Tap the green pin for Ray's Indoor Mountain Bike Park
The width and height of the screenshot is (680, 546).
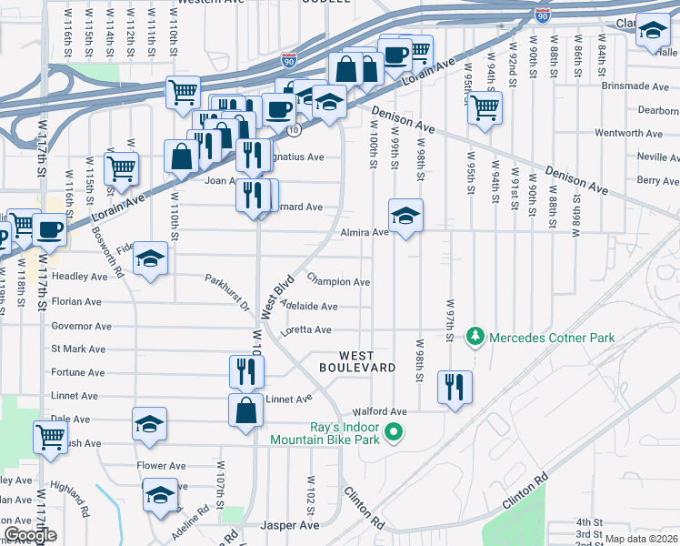click(394, 432)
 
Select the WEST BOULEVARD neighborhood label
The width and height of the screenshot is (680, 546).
click(356, 361)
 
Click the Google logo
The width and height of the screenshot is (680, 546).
click(30, 535)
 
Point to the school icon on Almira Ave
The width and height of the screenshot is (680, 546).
click(405, 216)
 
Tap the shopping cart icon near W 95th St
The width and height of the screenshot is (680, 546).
click(485, 107)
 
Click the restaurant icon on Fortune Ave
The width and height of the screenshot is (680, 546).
click(245, 370)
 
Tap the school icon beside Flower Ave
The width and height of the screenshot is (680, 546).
click(161, 496)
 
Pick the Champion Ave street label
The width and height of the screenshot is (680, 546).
click(338, 282)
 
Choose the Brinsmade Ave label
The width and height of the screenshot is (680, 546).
click(635, 86)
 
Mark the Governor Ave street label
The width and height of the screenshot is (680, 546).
click(81, 326)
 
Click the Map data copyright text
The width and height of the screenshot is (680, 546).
click(642, 539)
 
